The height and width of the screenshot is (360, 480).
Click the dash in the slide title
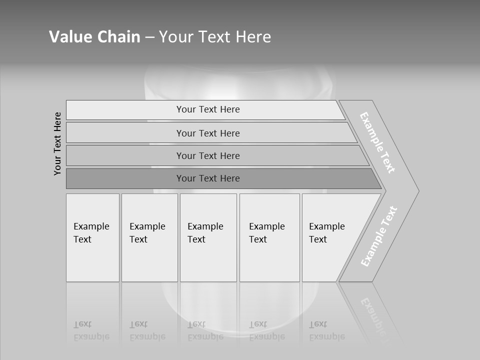tap(149, 37)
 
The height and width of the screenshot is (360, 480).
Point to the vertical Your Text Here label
tap(57, 143)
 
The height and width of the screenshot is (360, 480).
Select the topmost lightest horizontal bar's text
tap(208, 109)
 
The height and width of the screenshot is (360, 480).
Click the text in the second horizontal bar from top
tap(208, 133)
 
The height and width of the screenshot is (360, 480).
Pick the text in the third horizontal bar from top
tap(208, 155)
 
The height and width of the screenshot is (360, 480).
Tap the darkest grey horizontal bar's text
tap(208, 178)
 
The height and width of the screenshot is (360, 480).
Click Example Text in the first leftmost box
tap(91, 233)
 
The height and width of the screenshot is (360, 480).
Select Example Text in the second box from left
tap(147, 233)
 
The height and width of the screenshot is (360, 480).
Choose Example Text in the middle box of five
tap(205, 233)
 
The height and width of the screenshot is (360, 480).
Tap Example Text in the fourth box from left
tap(266, 233)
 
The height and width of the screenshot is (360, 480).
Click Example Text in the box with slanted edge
tap(326, 233)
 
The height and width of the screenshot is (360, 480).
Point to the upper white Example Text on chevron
tap(377, 142)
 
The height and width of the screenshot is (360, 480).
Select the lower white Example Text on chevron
tap(379, 236)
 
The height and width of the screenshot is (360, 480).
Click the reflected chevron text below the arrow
tap(375, 317)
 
